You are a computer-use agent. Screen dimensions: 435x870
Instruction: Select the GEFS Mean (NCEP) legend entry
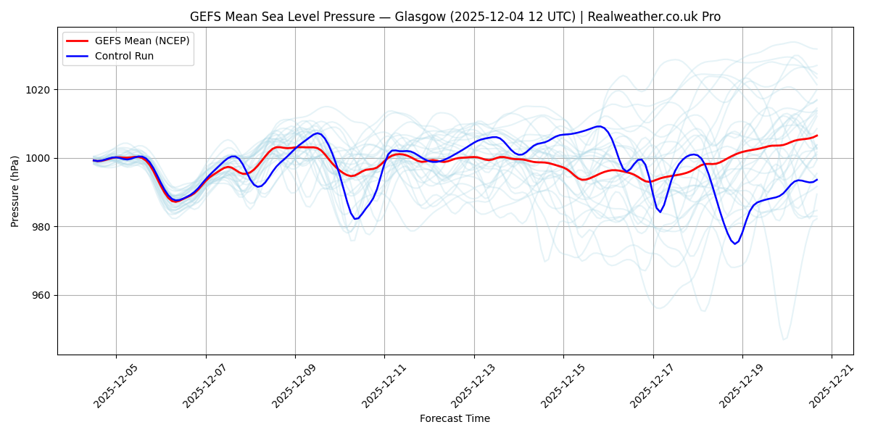142,41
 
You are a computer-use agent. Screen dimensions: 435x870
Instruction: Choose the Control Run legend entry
124,56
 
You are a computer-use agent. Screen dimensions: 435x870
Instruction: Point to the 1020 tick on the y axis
40,90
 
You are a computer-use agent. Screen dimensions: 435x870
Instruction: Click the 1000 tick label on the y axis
40,158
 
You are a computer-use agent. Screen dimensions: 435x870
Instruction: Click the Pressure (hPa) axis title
15,191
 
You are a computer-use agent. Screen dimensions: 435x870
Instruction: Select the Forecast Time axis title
455,418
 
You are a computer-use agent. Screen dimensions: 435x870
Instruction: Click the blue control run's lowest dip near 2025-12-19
734,244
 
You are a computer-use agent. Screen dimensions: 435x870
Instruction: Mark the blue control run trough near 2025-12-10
356,218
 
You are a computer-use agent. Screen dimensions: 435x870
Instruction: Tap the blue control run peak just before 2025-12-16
599,126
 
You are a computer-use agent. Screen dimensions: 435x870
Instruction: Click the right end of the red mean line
817,136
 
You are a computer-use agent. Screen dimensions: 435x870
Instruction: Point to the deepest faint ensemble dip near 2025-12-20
783,339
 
